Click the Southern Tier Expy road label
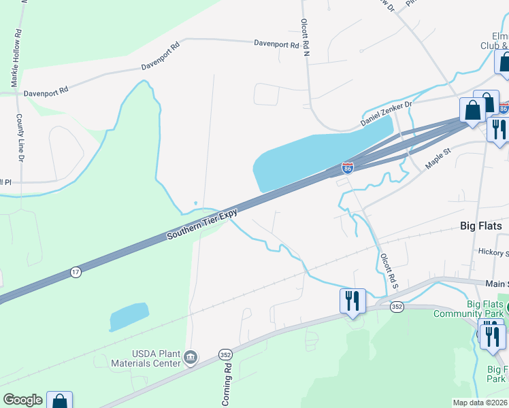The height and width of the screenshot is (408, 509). [x=203, y=224]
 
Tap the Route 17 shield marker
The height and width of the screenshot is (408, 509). [x=76, y=272]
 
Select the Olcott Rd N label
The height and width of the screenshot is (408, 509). [x=306, y=37]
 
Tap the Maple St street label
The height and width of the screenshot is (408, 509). [x=438, y=160]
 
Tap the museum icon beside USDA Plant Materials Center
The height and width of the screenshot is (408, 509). [x=191, y=357]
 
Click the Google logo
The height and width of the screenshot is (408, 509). [x=22, y=400]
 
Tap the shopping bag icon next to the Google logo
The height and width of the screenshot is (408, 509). [x=60, y=401]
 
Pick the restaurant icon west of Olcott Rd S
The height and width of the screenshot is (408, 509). [x=352, y=301]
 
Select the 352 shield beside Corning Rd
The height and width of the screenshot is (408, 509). [x=227, y=354]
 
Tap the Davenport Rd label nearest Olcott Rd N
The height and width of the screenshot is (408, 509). [x=276, y=45]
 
